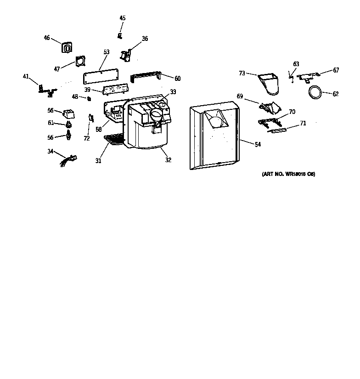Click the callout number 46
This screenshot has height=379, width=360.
pyautogui.click(x=47, y=38)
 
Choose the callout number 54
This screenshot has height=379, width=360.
pyautogui.click(x=258, y=144)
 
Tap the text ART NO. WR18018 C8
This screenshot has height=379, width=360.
pyautogui.click(x=288, y=174)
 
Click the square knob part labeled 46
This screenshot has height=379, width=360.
pyautogui.click(x=67, y=47)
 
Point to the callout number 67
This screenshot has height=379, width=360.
pyautogui.click(x=336, y=70)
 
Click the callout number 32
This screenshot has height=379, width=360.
pyautogui.click(x=168, y=160)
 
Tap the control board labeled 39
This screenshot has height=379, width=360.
pyautogui.click(x=114, y=89)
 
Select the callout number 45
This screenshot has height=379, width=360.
pyautogui.click(x=123, y=18)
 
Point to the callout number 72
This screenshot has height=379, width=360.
pyautogui.click(x=87, y=138)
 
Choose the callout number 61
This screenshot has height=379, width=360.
pyautogui.click(x=51, y=123)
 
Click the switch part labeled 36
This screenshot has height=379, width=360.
pyautogui.click(x=125, y=55)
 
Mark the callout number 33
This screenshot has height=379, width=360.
pyautogui.click(x=173, y=92)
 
